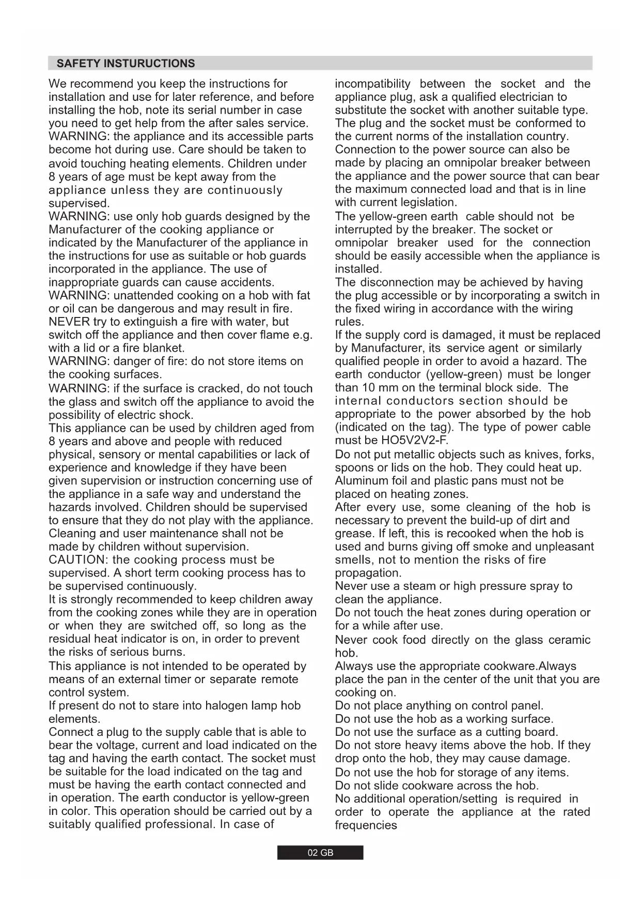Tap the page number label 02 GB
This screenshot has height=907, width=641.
[320, 853]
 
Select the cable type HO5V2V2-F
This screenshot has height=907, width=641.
[414, 441]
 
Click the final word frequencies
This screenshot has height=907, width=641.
[366, 825]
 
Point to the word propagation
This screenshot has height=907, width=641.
[368, 573]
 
